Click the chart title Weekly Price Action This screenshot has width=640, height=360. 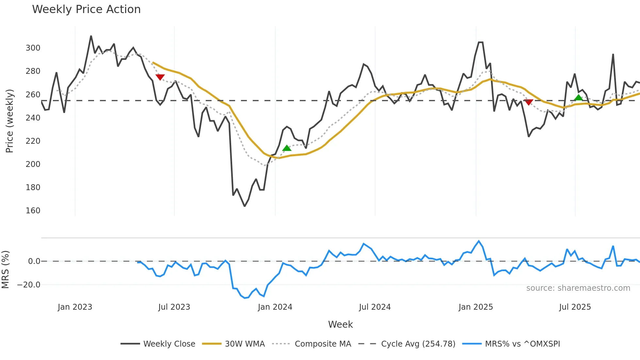[86, 9]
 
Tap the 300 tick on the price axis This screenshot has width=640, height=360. [33, 48]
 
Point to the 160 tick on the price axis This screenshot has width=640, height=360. [33, 211]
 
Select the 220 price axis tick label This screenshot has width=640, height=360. [33, 141]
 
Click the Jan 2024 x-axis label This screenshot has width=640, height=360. [275, 307]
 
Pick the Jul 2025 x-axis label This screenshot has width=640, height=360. [575, 307]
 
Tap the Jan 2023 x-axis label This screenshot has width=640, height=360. [75, 307]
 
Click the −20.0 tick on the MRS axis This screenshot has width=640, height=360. [29, 285]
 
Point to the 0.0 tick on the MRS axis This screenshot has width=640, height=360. [34, 261]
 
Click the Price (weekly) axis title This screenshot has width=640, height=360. [9, 121]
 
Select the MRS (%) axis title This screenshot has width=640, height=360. [5, 270]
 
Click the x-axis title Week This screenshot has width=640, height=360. [340, 324]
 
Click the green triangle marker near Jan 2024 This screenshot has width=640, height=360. [287, 148]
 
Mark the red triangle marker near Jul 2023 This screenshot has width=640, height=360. [160, 77]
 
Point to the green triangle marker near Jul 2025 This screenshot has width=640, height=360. [578, 98]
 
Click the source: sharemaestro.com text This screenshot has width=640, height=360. [578, 288]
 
